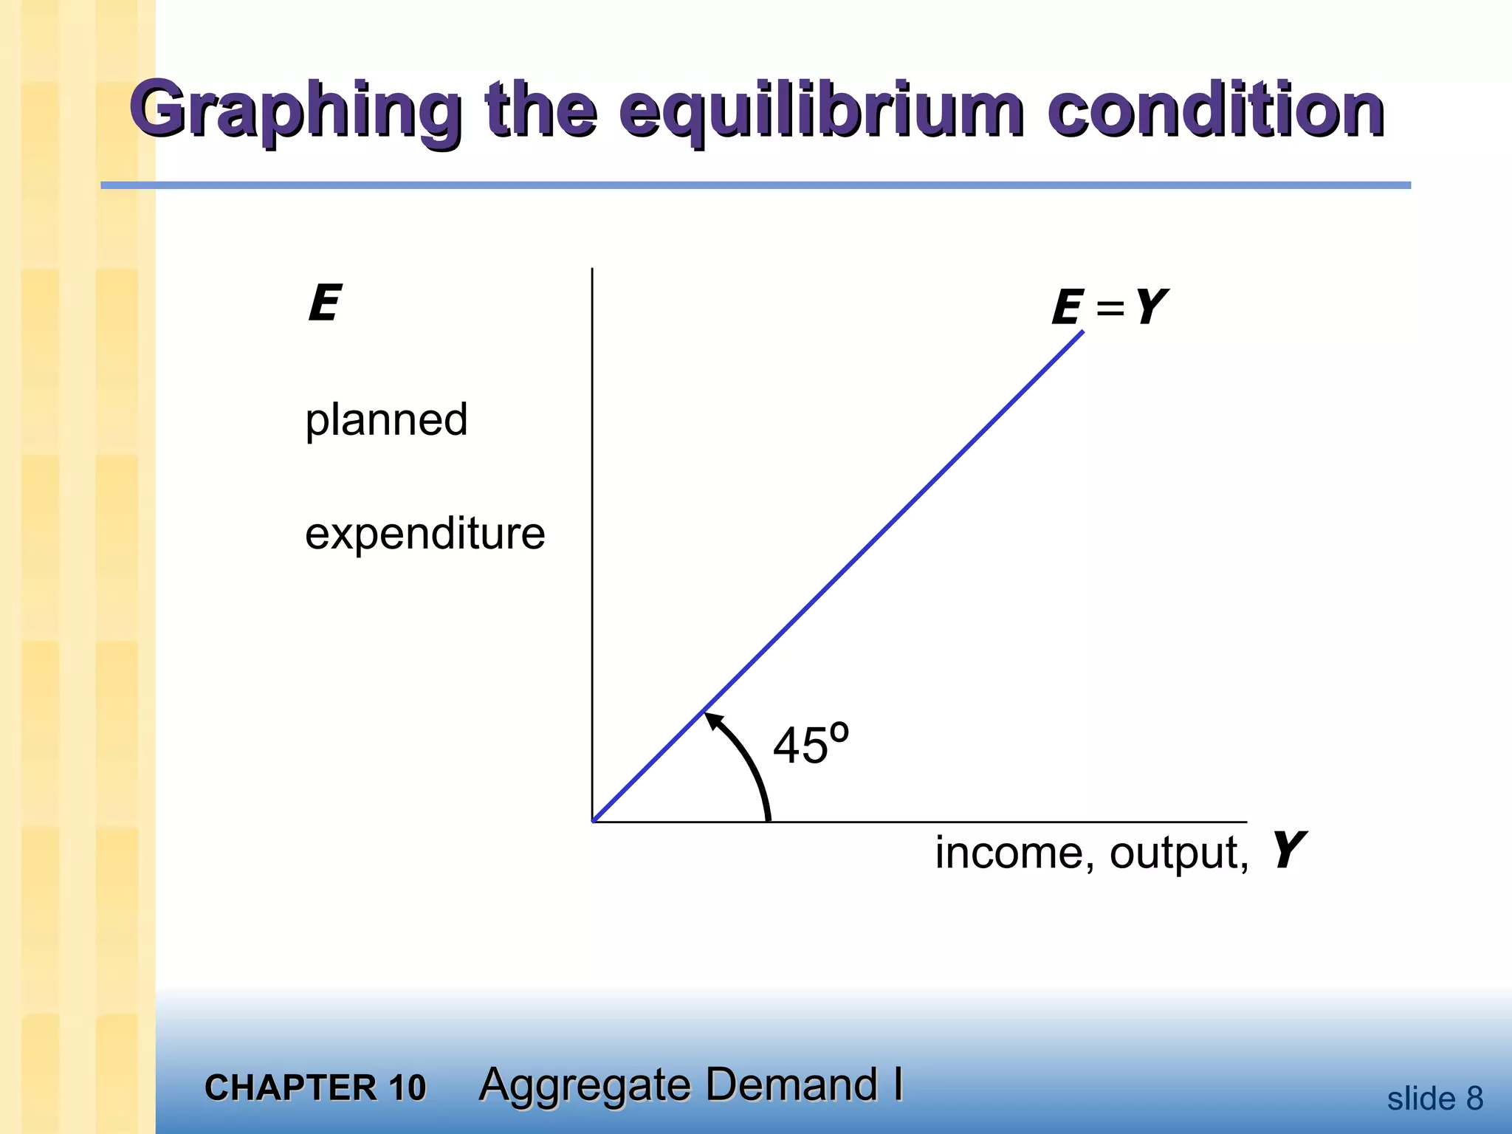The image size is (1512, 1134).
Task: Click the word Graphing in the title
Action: point(295,112)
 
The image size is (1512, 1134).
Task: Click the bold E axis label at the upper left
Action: point(323,303)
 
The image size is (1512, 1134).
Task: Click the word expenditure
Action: point(425,533)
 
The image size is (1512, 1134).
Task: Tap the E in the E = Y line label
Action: point(1066,308)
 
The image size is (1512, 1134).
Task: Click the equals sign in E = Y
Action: point(1110,308)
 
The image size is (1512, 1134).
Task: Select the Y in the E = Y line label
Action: point(1149,306)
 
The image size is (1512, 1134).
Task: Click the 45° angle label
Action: point(810,744)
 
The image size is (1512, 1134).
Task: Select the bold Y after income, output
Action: point(1287,850)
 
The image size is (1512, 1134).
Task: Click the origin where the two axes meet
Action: point(593,821)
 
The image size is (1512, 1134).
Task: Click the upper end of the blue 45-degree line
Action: point(1082,333)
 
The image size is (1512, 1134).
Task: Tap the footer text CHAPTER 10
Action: point(315,1087)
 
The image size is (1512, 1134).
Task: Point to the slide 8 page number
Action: point(1434,1099)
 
